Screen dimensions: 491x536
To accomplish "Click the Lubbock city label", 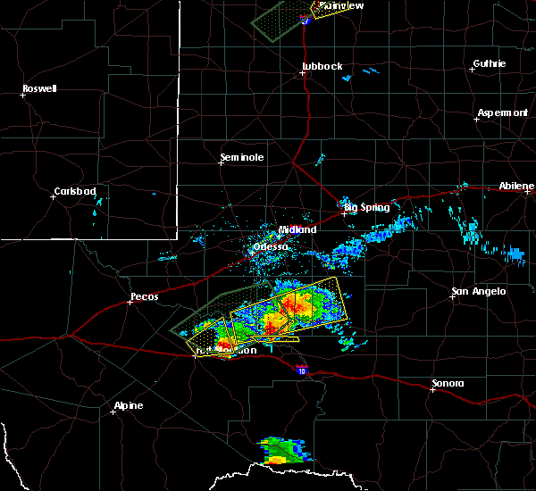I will click(322, 66).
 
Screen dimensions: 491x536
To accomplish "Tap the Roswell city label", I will click(39, 88).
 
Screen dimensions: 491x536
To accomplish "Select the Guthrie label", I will click(490, 63).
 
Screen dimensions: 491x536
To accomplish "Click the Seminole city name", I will click(242, 158).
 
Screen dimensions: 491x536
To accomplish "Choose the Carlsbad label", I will click(75, 191).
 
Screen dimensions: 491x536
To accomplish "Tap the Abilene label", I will click(517, 185).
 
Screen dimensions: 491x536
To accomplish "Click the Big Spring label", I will click(367, 207).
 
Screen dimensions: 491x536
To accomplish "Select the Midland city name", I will click(297, 229).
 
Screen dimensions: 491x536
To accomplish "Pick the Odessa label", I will click(271, 246).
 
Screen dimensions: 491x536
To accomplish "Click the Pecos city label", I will click(144, 296).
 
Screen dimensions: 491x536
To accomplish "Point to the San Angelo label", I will click(479, 291).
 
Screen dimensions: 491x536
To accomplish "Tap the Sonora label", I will click(448, 383).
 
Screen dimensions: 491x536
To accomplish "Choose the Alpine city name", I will click(128, 406).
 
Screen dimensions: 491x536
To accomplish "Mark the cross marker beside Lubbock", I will click(303, 72).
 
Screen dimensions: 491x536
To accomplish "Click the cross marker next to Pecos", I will click(130, 303).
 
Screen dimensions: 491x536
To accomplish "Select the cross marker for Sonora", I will click(432, 389).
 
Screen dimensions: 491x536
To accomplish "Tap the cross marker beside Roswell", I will click(22, 95).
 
